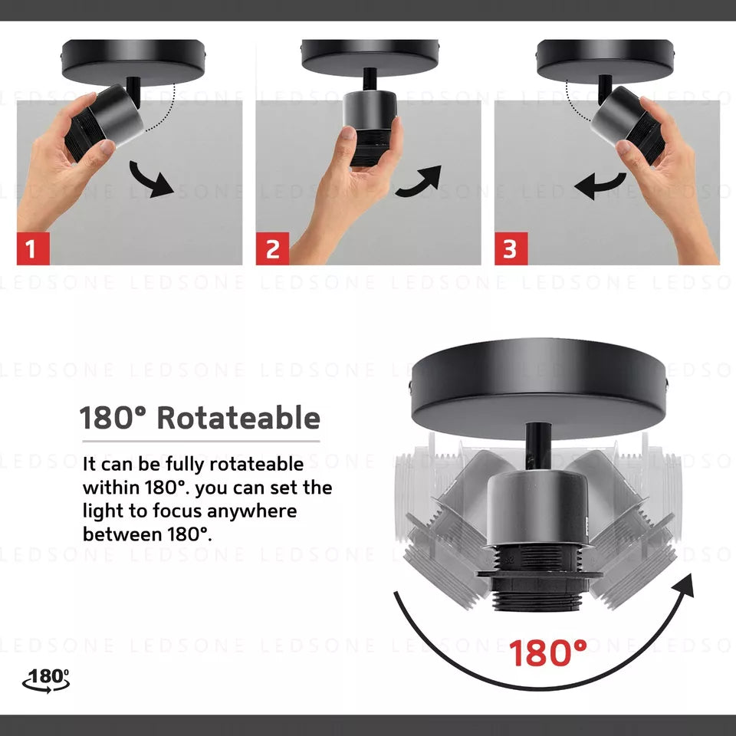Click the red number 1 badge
[33, 248]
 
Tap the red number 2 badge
[272, 248]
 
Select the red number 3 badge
[511, 248]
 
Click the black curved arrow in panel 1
[152, 180]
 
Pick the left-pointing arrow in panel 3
[600, 185]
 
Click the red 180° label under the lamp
[547, 653]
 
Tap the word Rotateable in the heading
[238, 418]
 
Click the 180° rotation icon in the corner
[46, 681]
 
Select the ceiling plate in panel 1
[133, 62]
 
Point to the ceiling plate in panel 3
[606, 61]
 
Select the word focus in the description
[178, 511]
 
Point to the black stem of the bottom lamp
[538, 446]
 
